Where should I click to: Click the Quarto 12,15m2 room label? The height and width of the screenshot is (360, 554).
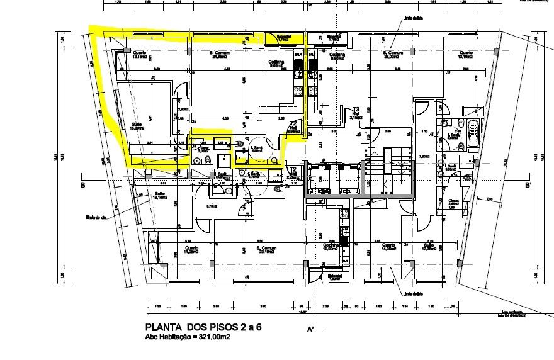(x=139, y=54)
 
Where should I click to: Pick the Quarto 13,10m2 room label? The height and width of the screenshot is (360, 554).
(x=465, y=54)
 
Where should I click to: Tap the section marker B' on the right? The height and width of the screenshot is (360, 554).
(x=528, y=185)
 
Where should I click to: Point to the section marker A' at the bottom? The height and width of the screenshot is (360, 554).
(x=310, y=329)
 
